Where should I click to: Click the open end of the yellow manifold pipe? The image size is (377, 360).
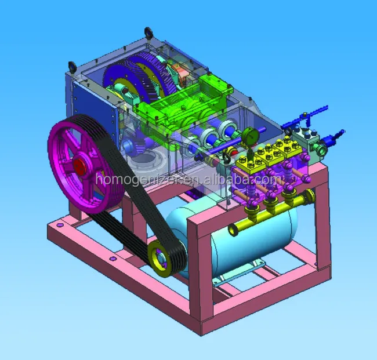[233, 230]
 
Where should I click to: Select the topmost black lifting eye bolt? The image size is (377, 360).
[148, 32]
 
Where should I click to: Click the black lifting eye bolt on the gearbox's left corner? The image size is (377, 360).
[72, 67]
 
